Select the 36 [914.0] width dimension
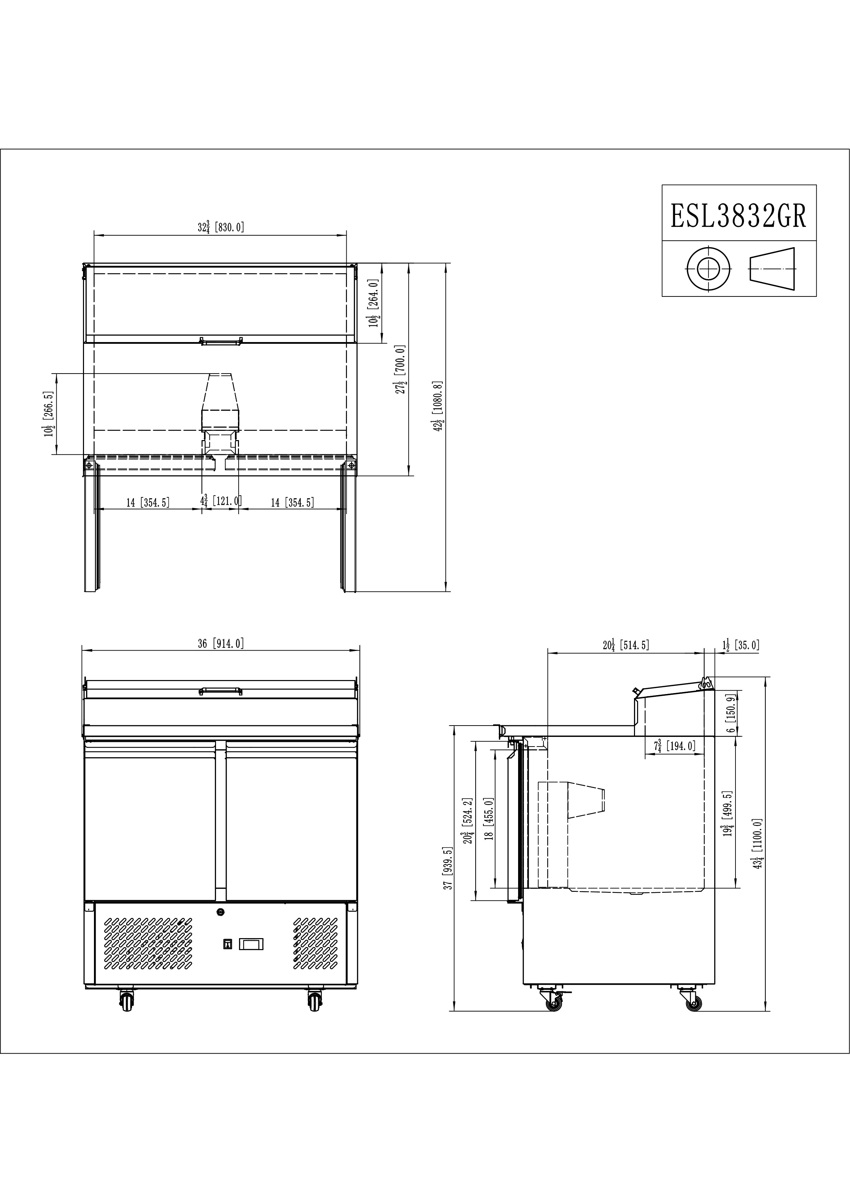pyautogui.click(x=221, y=643)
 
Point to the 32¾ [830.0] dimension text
pyautogui.click(x=221, y=227)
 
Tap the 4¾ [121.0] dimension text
pyautogui.click(x=220, y=501)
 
